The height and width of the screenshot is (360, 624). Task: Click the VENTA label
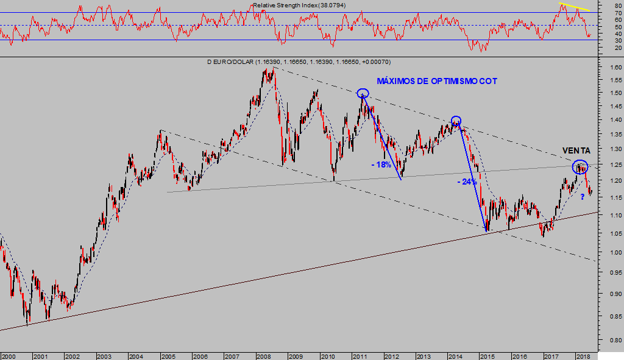(x=576, y=150)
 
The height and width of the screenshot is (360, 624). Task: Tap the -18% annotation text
(x=382, y=165)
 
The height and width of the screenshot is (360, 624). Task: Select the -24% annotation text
(x=467, y=182)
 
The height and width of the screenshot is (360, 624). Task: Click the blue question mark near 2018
(x=583, y=196)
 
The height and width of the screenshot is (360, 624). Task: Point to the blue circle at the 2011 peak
(x=363, y=93)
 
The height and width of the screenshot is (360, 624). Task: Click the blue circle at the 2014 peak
(x=456, y=120)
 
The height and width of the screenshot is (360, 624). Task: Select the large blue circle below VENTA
(x=580, y=166)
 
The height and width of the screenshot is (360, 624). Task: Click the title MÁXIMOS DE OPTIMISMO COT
(x=437, y=81)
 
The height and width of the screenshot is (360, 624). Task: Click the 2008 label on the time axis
(x=263, y=356)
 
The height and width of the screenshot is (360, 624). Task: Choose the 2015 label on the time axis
(x=486, y=356)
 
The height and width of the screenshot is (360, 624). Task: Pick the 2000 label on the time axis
(x=9, y=356)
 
